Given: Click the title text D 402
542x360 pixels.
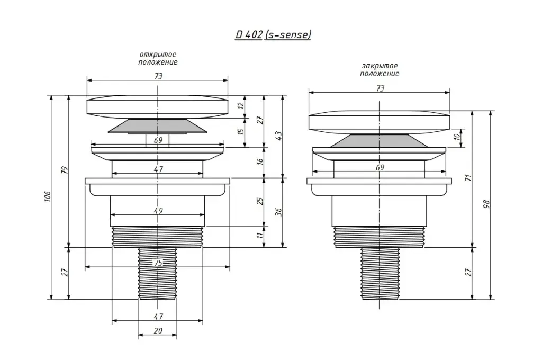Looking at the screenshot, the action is pos(249,34).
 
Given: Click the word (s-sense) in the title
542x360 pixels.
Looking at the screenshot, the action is pos(288,34).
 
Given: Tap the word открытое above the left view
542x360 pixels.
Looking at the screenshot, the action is pos(158,55).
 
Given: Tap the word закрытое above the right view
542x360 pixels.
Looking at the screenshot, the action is pos(380,66).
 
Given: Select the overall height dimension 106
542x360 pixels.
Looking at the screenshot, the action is pos(47,196).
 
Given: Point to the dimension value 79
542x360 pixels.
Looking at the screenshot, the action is pos(65,170).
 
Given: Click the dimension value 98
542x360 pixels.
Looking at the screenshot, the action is pos(487,204).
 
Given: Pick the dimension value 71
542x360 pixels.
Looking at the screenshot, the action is pos(469,178).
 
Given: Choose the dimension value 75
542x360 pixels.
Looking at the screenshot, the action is pos(158,263).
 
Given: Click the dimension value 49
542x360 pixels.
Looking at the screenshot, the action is pos(158,211).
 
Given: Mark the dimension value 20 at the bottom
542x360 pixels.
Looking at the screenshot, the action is pos(158,331).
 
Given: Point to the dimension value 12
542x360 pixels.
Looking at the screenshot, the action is pos(241,105).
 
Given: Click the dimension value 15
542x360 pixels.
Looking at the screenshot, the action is pos(241,132).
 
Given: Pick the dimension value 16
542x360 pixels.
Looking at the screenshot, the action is pos(260,161).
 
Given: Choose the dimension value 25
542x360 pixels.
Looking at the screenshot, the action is pos(260,201).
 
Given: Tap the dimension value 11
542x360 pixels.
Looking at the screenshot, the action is pos(260,235).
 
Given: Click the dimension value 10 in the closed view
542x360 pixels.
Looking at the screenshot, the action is pos(457,137).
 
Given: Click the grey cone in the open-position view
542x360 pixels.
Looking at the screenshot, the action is pos(157,126).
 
